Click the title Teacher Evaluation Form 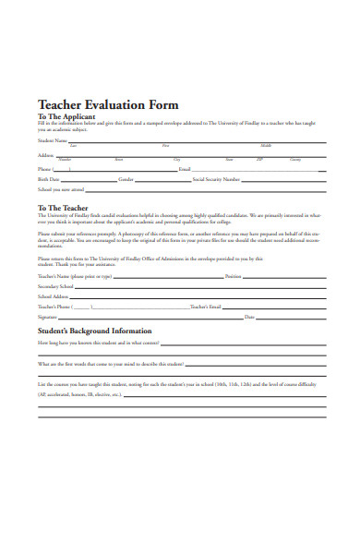tap(108, 105)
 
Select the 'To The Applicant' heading tap(67, 118)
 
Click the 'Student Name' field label tap(53, 141)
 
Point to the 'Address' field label tap(46, 155)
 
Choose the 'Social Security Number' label tap(216, 179)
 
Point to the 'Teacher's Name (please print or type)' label tap(75, 276)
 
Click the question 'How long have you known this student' tap(99, 343)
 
